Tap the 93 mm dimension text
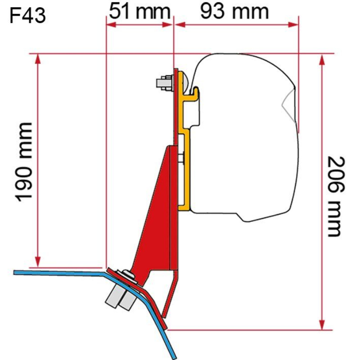point(234,11)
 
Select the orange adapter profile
point(185,135)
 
